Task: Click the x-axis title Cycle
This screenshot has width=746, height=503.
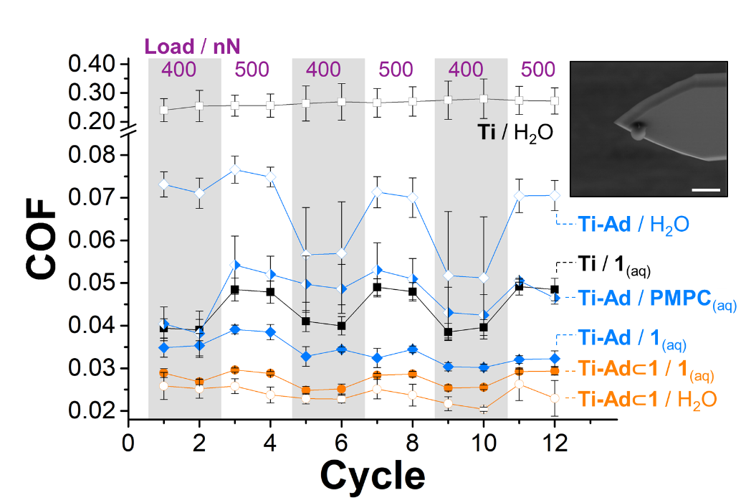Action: point(372,474)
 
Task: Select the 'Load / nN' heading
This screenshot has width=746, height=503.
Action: point(192,47)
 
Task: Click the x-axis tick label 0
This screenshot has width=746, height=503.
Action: point(128,440)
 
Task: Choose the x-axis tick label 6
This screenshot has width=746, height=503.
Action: point(341,440)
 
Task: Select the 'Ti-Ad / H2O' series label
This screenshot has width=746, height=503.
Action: point(623,225)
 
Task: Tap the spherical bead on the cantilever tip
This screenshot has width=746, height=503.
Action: point(639,131)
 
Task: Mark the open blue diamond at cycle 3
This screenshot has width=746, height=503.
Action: point(235,170)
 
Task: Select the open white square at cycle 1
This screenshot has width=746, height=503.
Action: point(164,110)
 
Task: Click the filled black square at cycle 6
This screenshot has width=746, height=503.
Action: point(341,326)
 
